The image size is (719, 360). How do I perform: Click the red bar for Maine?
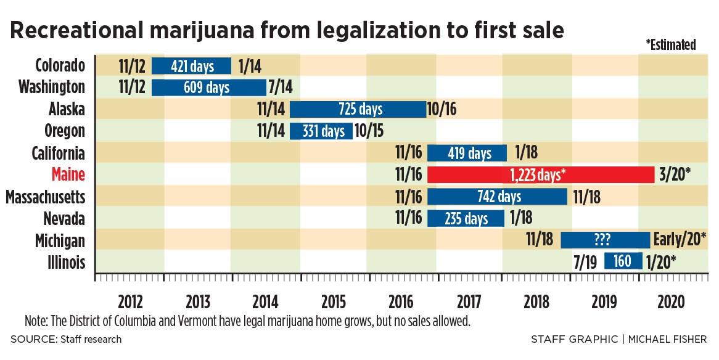pyautogui.click(x=540, y=175)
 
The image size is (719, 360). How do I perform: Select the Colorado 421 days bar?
pyautogui.click(x=191, y=65)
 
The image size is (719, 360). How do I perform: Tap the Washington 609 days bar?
pyautogui.click(x=208, y=88)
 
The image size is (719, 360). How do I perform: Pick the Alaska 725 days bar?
pyautogui.click(x=358, y=109)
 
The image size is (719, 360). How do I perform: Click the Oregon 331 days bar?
pyautogui.click(x=321, y=131)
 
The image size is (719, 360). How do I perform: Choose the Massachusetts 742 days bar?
pyautogui.click(x=497, y=197)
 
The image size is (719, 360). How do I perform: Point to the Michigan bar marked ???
pyautogui.click(x=605, y=240)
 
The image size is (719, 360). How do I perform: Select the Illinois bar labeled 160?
pyautogui.click(x=623, y=261)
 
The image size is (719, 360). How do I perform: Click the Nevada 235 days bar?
pyautogui.click(x=466, y=218)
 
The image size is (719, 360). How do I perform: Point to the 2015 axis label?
pyautogui.click(x=333, y=302)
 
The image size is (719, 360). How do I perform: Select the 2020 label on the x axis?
pyautogui.click(x=672, y=302)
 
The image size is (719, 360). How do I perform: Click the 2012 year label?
pyautogui.click(x=131, y=302)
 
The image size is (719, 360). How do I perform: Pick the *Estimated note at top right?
pyautogui.click(x=671, y=44)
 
